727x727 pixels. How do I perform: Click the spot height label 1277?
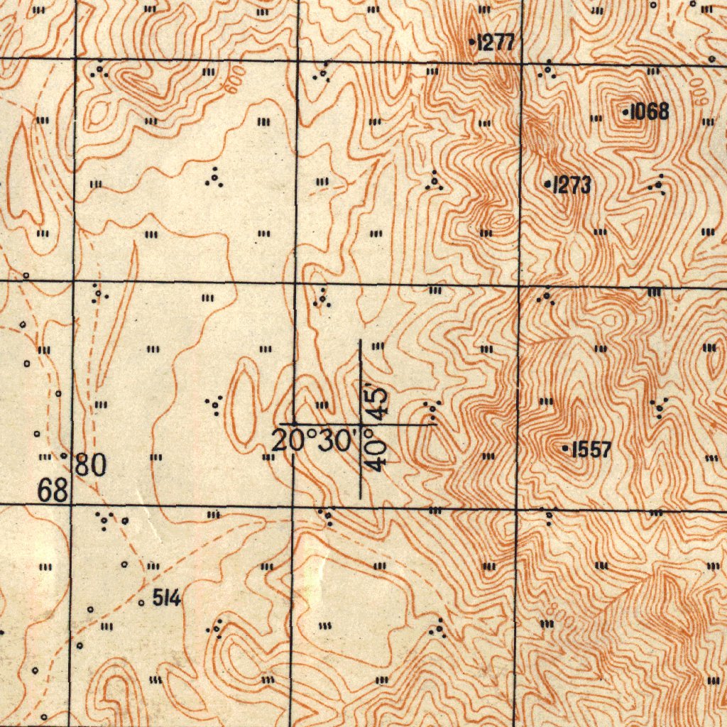pos(496,43)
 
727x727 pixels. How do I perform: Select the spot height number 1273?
pos(572,185)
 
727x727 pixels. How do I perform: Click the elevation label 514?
pos(165,599)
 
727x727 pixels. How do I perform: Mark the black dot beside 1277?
pos(473,43)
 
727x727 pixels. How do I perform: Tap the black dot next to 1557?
pos(565,449)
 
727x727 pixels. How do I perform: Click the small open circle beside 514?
pos(141,603)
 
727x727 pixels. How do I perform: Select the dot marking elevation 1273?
pos(547,185)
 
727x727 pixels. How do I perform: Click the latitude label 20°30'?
pos(313,441)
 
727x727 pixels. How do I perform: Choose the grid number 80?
pos(91,466)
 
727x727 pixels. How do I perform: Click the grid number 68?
pos(54,491)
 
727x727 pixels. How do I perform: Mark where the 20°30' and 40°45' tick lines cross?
pos(361,425)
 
